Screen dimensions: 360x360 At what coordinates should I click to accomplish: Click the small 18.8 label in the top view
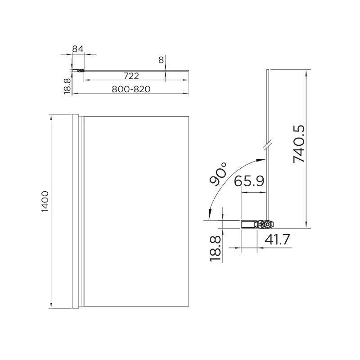pos(67,85)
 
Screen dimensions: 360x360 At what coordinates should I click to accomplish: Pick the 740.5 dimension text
pos(299,144)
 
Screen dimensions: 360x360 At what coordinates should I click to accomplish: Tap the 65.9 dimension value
pos(249,181)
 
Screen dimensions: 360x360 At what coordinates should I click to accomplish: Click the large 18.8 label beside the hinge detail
pos(216,248)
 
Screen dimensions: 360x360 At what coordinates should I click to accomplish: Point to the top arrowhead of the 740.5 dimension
pos(306,72)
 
